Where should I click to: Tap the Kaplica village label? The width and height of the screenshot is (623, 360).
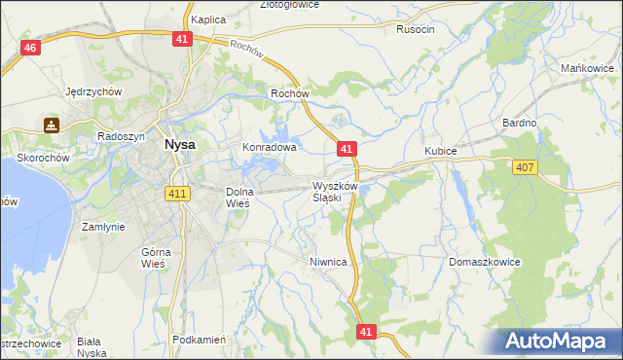[x=208, y=19]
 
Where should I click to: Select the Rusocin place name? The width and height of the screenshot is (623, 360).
[x=416, y=29]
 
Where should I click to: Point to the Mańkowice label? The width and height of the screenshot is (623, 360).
[x=587, y=68]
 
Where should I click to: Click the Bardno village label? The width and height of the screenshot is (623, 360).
[x=519, y=123]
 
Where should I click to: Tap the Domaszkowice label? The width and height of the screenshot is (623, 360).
[x=485, y=263]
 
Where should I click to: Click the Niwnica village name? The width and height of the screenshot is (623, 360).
[x=328, y=262]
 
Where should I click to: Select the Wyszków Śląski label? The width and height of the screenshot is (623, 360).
[x=336, y=192]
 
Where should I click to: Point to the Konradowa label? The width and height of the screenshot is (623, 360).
[x=269, y=148]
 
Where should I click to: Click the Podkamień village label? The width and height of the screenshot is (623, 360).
[x=199, y=340]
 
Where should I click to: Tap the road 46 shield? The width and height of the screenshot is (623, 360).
[x=30, y=49]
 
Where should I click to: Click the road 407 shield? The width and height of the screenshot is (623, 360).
[x=525, y=168]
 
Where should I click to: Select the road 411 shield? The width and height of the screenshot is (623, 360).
[x=177, y=194]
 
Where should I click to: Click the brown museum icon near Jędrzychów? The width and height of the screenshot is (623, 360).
[x=51, y=126]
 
